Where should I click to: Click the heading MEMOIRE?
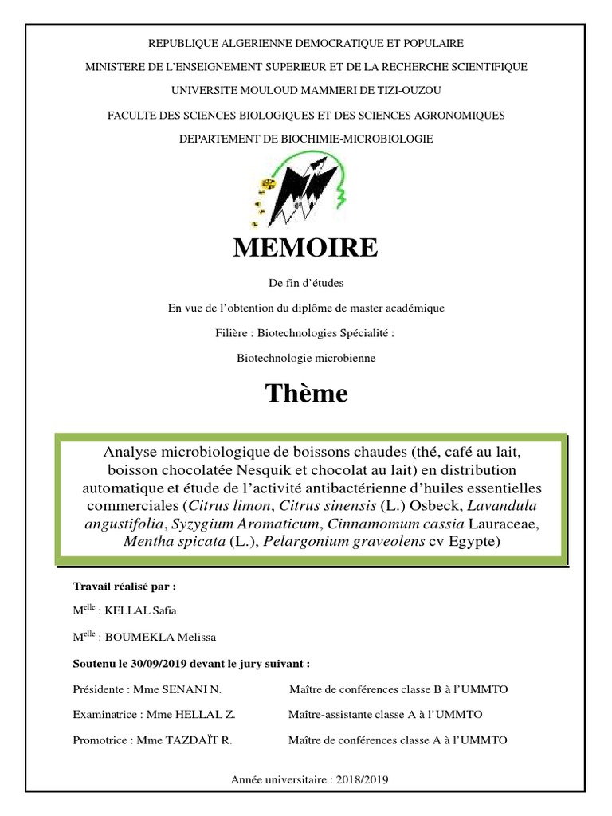pos(306,248)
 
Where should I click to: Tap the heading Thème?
pos(306,393)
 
